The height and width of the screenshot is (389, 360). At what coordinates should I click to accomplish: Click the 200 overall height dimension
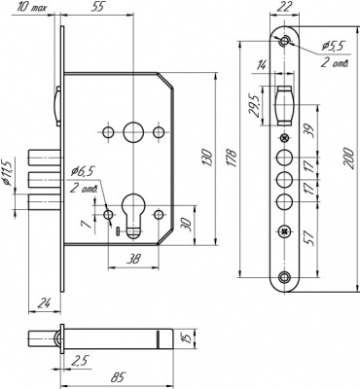[348, 158]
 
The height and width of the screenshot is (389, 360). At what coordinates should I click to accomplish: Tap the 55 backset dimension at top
[97, 7]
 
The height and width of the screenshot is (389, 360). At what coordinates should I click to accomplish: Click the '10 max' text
[30, 7]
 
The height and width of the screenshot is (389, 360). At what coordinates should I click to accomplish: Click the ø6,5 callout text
[83, 171]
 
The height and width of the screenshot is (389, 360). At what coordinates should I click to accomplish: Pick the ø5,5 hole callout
[332, 47]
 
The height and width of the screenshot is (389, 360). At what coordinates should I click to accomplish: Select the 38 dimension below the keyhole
[133, 259]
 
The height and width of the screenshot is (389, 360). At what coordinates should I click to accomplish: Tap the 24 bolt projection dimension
[43, 303]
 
